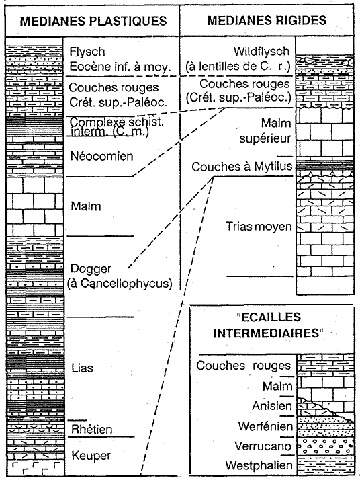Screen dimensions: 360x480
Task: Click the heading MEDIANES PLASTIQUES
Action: (93, 21)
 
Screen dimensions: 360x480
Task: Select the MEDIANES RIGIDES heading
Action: (267, 21)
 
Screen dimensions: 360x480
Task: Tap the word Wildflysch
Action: (261, 51)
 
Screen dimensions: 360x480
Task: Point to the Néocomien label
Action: (102, 156)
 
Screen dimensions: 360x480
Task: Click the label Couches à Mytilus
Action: (242, 167)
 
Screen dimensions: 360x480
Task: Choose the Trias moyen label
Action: (259, 227)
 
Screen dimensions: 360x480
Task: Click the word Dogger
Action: (91, 269)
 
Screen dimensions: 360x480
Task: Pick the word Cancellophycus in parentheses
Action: (124, 284)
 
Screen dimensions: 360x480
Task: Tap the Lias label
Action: (82, 368)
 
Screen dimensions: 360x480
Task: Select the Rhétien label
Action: (92, 429)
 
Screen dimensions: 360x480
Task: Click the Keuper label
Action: (91, 456)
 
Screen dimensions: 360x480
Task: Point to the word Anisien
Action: (272, 406)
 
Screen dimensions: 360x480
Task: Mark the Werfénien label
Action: (265, 426)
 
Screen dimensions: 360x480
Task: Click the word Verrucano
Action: (263, 446)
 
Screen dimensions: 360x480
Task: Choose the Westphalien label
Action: (259, 465)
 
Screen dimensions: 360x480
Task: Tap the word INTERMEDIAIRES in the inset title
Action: (268, 333)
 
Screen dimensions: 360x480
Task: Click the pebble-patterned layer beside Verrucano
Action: (326, 446)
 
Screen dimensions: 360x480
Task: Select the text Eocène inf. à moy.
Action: (120, 67)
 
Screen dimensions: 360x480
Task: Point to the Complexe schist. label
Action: (117, 122)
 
